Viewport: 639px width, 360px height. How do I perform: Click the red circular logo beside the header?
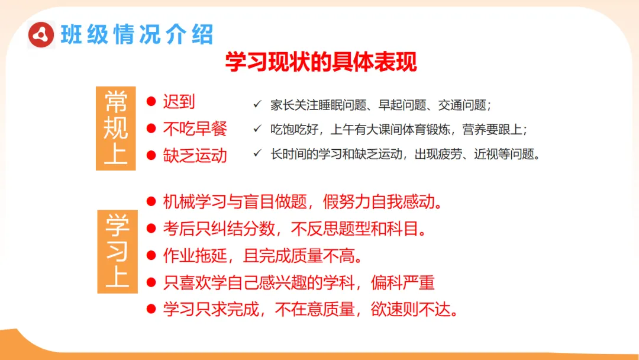click(42, 35)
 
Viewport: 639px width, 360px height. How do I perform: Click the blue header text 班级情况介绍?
click(137, 35)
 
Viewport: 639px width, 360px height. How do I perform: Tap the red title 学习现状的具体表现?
click(321, 62)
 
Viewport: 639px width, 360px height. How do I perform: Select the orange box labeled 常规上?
click(116, 128)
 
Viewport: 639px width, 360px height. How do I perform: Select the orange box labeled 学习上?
click(117, 250)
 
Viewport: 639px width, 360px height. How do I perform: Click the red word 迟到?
click(179, 102)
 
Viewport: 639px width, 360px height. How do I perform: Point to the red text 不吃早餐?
click(195, 128)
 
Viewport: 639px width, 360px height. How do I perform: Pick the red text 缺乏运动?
click(195, 155)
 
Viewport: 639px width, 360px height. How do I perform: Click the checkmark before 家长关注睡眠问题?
click(257, 105)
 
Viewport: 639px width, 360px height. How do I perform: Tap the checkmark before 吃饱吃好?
click(257, 128)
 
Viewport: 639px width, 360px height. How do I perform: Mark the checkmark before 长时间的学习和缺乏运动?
click(257, 153)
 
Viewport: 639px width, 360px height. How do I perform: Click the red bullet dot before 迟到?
click(151, 102)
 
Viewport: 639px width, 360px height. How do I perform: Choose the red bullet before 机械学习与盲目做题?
click(151, 202)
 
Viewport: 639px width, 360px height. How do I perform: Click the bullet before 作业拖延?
click(151, 256)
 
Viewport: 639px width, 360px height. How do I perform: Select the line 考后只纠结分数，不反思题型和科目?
click(295, 229)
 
